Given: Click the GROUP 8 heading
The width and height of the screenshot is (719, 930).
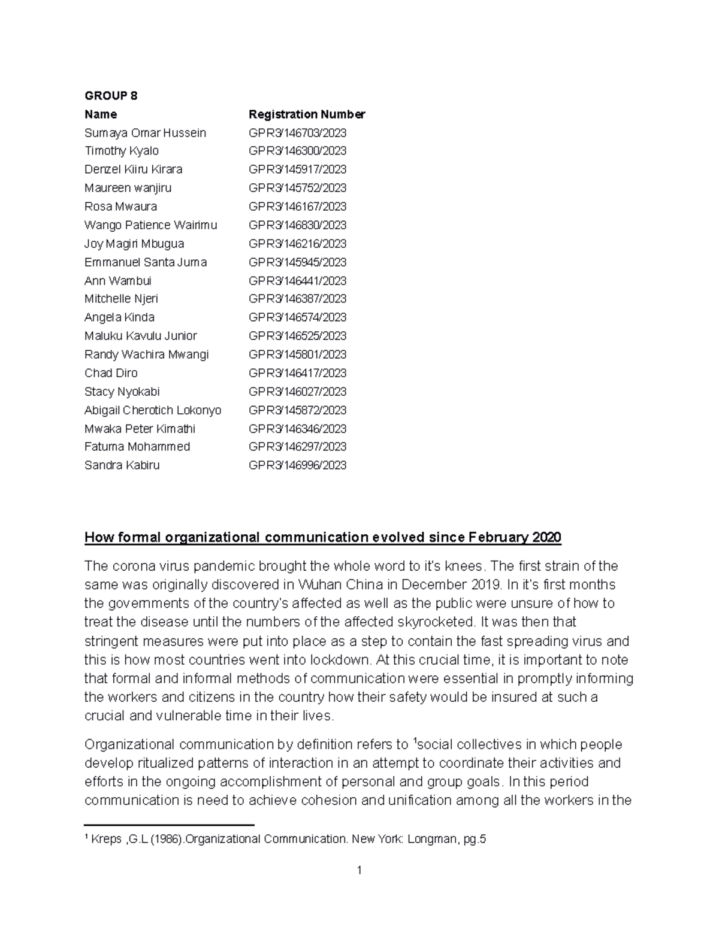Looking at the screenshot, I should coord(111,96).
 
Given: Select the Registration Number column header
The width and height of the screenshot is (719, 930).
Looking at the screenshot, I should coord(306,114).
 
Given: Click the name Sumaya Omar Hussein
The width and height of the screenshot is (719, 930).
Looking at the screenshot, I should coord(145,133).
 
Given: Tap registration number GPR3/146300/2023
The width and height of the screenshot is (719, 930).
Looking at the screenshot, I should coord(297,151).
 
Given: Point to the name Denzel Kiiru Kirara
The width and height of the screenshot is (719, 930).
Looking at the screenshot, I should coord(133,169).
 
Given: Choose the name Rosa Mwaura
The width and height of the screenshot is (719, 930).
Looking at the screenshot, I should coord(120,207).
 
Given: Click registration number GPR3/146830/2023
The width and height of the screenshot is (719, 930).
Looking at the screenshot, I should coord(297,225).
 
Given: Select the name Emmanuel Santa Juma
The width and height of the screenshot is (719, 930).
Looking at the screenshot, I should coord(146,262).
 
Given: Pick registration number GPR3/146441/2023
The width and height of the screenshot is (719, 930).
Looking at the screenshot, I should coord(297,281).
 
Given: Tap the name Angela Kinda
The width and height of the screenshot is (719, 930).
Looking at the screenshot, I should coord(119,317).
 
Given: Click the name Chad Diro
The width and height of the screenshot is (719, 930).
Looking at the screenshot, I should coord(111,373).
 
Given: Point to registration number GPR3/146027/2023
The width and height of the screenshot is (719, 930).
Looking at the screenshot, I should coord(297,392).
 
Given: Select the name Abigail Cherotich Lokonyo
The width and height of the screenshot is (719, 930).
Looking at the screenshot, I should coord(153,410).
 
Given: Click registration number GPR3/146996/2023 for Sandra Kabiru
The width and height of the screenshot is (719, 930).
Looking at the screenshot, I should coord(297,465).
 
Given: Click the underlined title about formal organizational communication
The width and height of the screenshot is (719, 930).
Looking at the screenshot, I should coord(322,537).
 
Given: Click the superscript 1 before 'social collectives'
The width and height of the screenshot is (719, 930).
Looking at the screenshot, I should coord(415,741).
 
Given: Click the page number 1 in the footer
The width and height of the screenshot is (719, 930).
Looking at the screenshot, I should coord(359,870).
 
